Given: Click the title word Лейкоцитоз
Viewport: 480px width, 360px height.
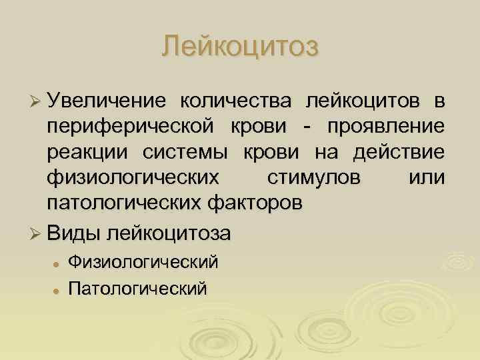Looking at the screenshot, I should point(241,46).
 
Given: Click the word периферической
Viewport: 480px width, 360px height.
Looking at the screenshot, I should point(131,126).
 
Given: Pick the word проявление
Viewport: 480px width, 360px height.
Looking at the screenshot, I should point(387,126).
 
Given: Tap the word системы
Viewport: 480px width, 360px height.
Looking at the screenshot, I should point(185,151).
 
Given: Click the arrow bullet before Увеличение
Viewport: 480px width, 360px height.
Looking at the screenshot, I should point(37,101).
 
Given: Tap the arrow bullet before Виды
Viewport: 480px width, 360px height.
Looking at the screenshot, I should point(37,235).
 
